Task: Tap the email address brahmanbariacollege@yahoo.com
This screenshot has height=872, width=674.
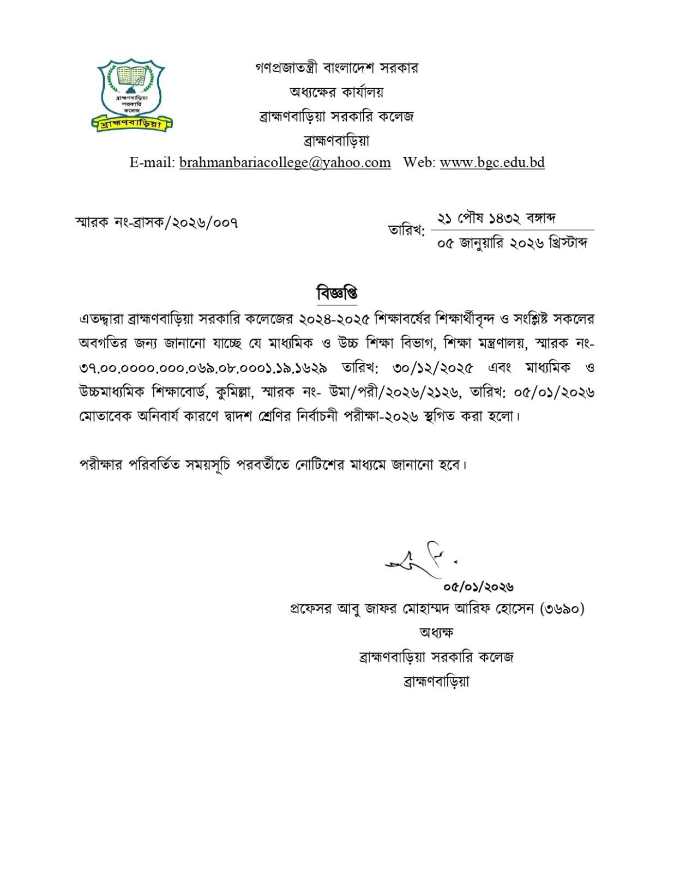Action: pyautogui.click(x=285, y=162)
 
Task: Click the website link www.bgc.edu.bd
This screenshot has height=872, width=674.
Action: pyautogui.click(x=492, y=162)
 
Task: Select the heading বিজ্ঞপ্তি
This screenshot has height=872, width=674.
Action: pyautogui.click(x=336, y=293)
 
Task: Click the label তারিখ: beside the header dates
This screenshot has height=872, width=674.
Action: pyautogui.click(x=406, y=231)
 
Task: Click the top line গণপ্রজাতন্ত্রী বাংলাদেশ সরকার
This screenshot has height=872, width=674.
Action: pyautogui.click(x=336, y=68)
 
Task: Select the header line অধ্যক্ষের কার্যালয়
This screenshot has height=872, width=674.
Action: pyautogui.click(x=336, y=92)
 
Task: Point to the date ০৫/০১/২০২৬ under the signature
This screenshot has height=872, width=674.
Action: pyautogui.click(x=478, y=587)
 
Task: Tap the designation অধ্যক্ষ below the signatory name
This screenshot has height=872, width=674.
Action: pyautogui.click(x=436, y=633)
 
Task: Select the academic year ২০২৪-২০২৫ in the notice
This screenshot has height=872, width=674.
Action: pyautogui.click(x=335, y=318)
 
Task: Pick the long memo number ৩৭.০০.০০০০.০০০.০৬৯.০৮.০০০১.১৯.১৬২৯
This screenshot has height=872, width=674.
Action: pyautogui.click(x=203, y=368)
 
